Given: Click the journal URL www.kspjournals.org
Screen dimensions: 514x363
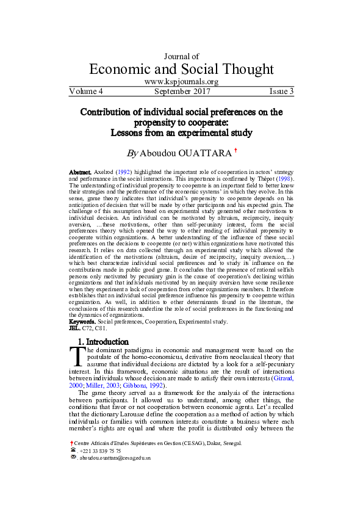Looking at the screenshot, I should tap(181, 81).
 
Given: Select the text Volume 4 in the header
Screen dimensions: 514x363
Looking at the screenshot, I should tap(86, 92).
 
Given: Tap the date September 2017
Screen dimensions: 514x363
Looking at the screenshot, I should tap(182, 92).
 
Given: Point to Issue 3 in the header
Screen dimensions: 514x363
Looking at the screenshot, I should tap(281, 92).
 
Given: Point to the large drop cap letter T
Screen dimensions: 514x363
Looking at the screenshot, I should tap(75, 356).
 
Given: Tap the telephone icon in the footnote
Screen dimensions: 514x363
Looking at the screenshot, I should tap(73, 449).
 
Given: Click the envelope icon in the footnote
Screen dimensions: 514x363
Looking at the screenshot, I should tap(73, 457).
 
